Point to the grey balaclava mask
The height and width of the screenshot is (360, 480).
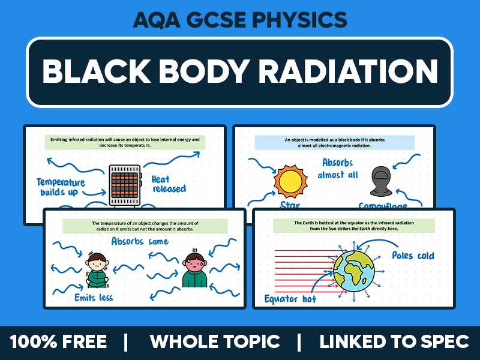coord(382,182)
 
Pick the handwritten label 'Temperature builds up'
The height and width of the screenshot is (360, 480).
coord(61,187)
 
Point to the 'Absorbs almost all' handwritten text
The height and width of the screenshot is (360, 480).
coord(338,169)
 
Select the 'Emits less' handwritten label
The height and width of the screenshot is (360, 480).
coord(94,297)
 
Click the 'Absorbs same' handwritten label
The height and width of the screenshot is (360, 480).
coord(140,241)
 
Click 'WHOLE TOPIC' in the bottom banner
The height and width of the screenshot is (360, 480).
coord(214,342)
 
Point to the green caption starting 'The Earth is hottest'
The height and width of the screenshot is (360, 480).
coord(355,226)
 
